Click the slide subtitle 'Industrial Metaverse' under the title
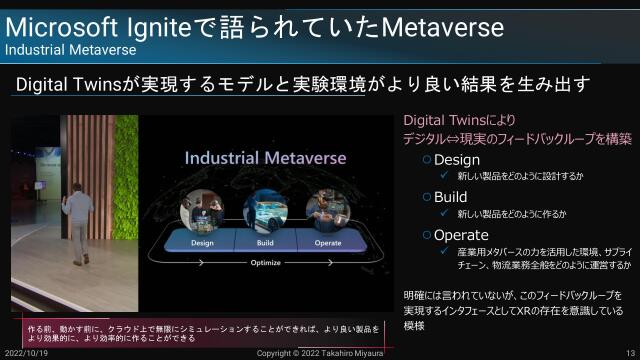click(71, 48)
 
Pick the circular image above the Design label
click(201, 210)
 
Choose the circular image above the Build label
click(264, 210)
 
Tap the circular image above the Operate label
click(327, 210)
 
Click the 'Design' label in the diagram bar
click(202, 242)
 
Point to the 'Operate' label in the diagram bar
click(328, 242)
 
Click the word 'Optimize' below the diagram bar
click(265, 263)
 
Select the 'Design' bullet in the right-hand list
click(456, 159)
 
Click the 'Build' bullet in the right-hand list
click(450, 197)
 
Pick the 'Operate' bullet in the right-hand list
click(461, 235)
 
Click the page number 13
click(630, 353)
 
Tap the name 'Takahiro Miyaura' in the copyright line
click(358, 353)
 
